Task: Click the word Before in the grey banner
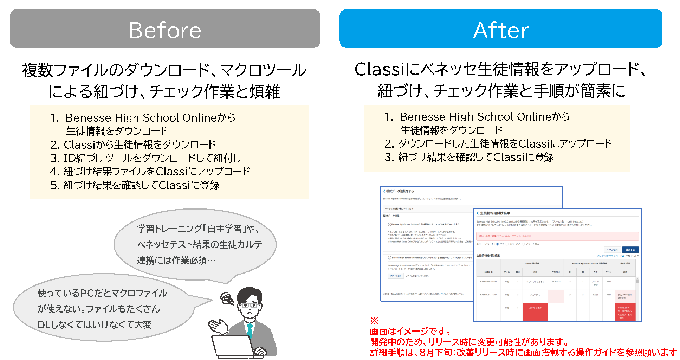(165, 30)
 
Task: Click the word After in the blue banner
(501, 30)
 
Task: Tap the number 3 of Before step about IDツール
(54, 158)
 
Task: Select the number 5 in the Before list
(54, 185)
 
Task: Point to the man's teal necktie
(250, 330)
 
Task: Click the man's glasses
(250, 305)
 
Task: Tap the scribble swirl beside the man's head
(227, 299)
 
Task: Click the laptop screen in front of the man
(232, 346)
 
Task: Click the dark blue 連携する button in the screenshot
(630, 250)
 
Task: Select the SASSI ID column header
(488, 272)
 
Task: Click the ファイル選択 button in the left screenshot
(395, 276)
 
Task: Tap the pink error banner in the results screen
(557, 236)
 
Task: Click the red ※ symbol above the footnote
(374, 321)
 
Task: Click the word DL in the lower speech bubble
(44, 325)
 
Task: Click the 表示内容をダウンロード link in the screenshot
(610, 256)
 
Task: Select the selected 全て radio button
(497, 244)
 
